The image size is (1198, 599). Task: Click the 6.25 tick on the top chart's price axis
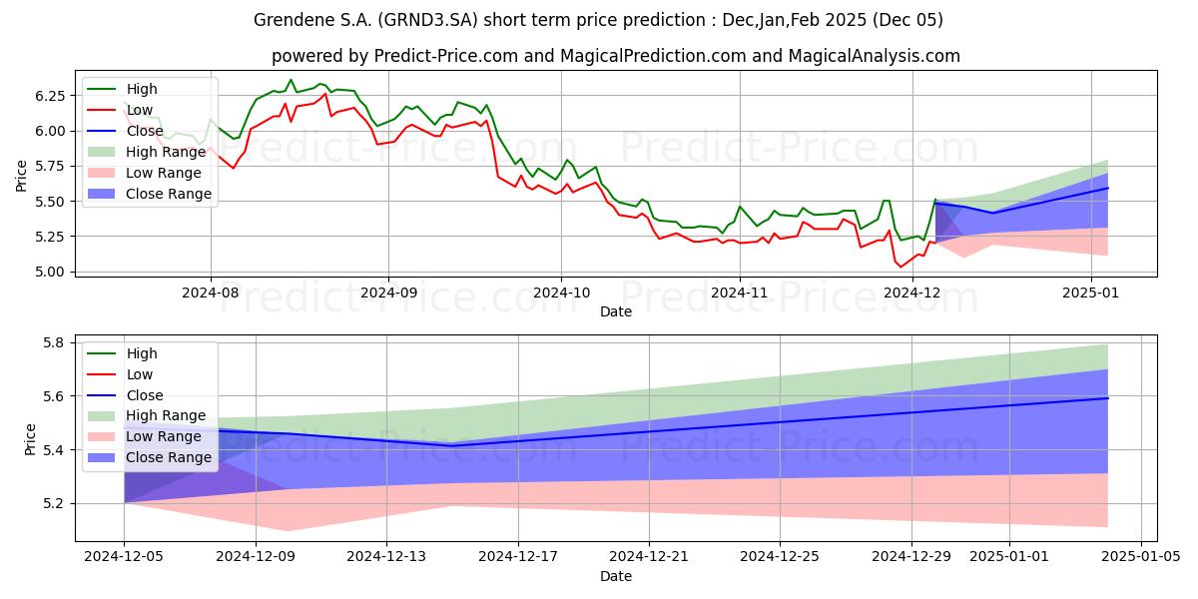point(50,96)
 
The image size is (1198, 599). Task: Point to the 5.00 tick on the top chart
point(50,273)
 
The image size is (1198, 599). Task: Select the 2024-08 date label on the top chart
point(211,294)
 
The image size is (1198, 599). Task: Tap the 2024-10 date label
point(561,294)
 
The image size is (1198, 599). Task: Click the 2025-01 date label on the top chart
point(1090,294)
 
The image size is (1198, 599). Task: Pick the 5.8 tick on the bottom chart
point(54,342)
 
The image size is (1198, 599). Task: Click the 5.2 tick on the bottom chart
point(54,504)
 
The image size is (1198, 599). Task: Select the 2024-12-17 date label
point(518,557)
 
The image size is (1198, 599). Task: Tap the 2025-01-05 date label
point(1141,557)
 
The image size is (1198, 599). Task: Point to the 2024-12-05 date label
point(124,557)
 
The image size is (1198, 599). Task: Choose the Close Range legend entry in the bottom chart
point(149,458)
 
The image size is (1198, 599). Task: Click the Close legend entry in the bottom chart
point(125,395)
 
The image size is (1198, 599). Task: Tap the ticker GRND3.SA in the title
point(429,20)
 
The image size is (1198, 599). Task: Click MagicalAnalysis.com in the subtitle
point(874,56)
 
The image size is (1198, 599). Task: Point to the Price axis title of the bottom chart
point(30,439)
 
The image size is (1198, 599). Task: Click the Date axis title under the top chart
point(616,311)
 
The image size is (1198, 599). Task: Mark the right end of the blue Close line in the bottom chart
point(1107,398)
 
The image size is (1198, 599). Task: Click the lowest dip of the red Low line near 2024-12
point(900,267)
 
